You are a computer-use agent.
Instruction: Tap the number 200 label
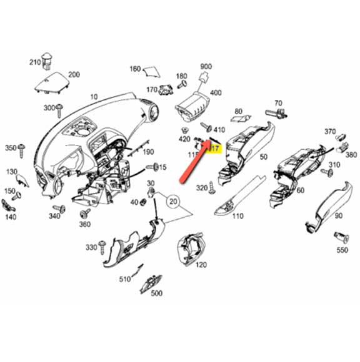[74, 75]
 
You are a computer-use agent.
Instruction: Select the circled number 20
[173, 202]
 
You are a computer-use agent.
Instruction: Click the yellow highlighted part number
[214, 149]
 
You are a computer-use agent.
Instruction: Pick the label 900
[206, 67]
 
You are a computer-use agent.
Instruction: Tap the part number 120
[201, 264]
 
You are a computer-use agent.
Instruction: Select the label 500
[156, 293]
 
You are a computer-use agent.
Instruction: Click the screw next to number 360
[84, 214]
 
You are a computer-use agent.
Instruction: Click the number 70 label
[278, 103]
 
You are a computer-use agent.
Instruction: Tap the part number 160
[136, 69]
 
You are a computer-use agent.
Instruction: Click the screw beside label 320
[214, 186]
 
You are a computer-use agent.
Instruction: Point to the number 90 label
[339, 216]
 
